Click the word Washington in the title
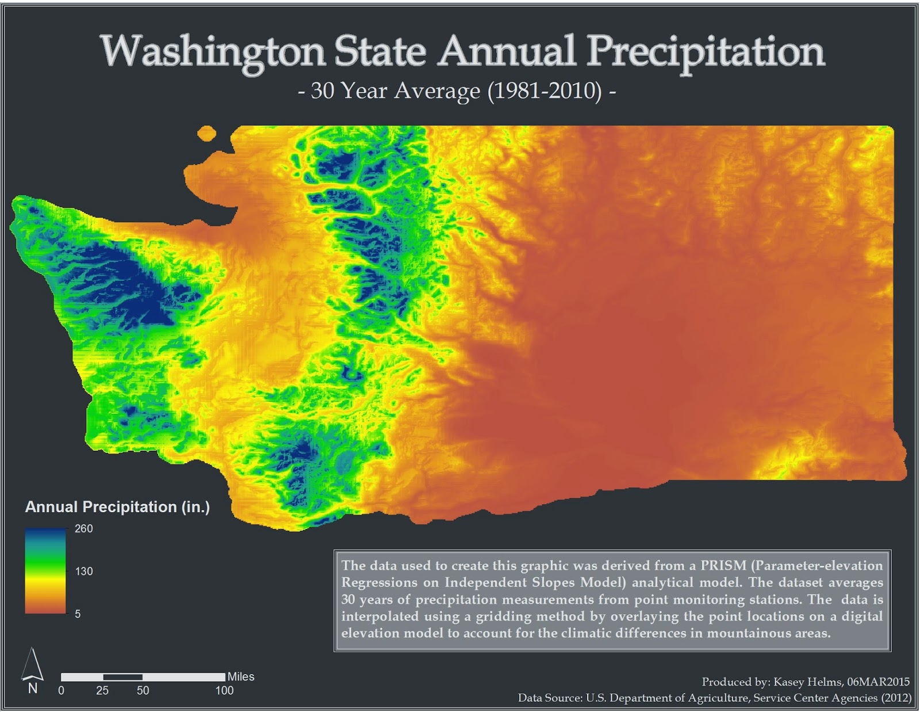coord(213,52)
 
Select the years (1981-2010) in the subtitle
coord(544,91)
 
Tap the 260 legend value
coord(83,528)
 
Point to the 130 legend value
coord(83,571)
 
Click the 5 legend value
coord(78,614)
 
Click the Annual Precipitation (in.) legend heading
coord(117,507)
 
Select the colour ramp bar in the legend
coord(45,570)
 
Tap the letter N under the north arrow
coord(33,688)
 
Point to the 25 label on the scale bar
coord(102,690)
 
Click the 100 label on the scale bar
coord(224,690)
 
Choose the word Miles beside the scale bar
coord(240,676)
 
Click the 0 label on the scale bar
coord(62,690)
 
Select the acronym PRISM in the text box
coord(723,565)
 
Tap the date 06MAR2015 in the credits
coord(878,681)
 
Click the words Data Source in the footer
coord(550,698)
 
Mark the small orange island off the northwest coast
coord(206,134)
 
